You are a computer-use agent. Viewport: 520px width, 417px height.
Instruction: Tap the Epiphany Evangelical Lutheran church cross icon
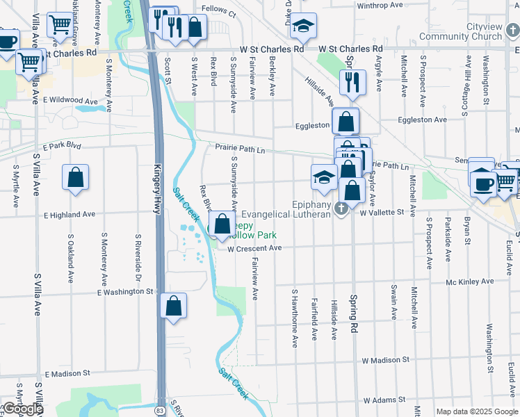tap(341, 208)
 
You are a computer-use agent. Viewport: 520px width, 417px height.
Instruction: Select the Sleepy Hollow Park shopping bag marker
tap(222, 224)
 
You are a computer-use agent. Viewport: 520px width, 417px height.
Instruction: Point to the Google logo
tap(22, 409)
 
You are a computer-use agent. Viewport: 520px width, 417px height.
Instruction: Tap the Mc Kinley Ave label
tap(470, 281)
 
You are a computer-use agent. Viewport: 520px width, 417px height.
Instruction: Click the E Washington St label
tap(126, 292)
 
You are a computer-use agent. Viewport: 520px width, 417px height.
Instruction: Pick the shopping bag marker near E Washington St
tap(173, 306)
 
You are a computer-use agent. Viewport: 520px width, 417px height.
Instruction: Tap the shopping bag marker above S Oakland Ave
tap(75, 177)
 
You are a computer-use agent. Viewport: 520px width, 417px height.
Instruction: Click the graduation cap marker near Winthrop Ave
tap(303, 26)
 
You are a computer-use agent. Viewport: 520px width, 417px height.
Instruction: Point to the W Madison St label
tap(385, 360)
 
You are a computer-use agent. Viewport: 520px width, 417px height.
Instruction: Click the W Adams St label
tap(384, 401)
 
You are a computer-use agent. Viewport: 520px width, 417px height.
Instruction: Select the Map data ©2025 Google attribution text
tap(477, 411)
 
